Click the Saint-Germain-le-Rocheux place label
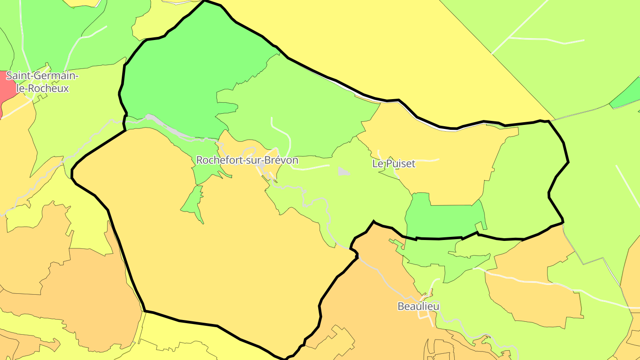pyautogui.click(x=42, y=82)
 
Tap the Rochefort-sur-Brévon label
pyautogui.click(x=247, y=160)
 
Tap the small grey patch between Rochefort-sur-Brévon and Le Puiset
pyautogui.click(x=343, y=172)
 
